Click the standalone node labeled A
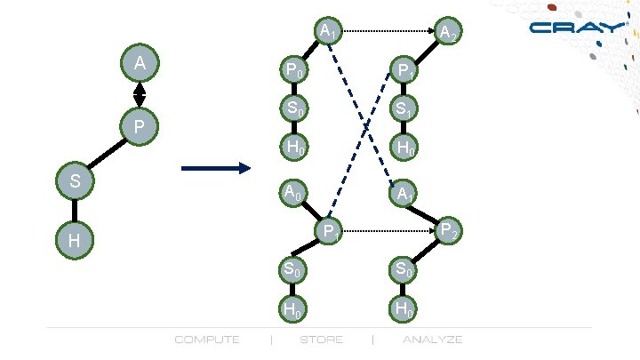pyautogui.click(x=140, y=64)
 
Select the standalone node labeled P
pyautogui.click(x=139, y=128)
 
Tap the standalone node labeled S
pyautogui.click(x=75, y=180)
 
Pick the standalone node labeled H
pyautogui.click(x=75, y=241)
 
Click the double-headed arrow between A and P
pyautogui.click(x=140, y=94)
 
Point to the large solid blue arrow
pyautogui.click(x=216, y=168)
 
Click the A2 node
pyautogui.click(x=448, y=34)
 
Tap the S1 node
pyautogui.click(x=404, y=109)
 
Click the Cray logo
pyautogui.click(x=577, y=28)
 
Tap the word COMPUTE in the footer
pyautogui.click(x=207, y=340)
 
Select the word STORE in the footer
pyautogui.click(x=321, y=340)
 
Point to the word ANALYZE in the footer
pyautogui.click(x=433, y=340)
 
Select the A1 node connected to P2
pyautogui.click(x=404, y=192)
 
